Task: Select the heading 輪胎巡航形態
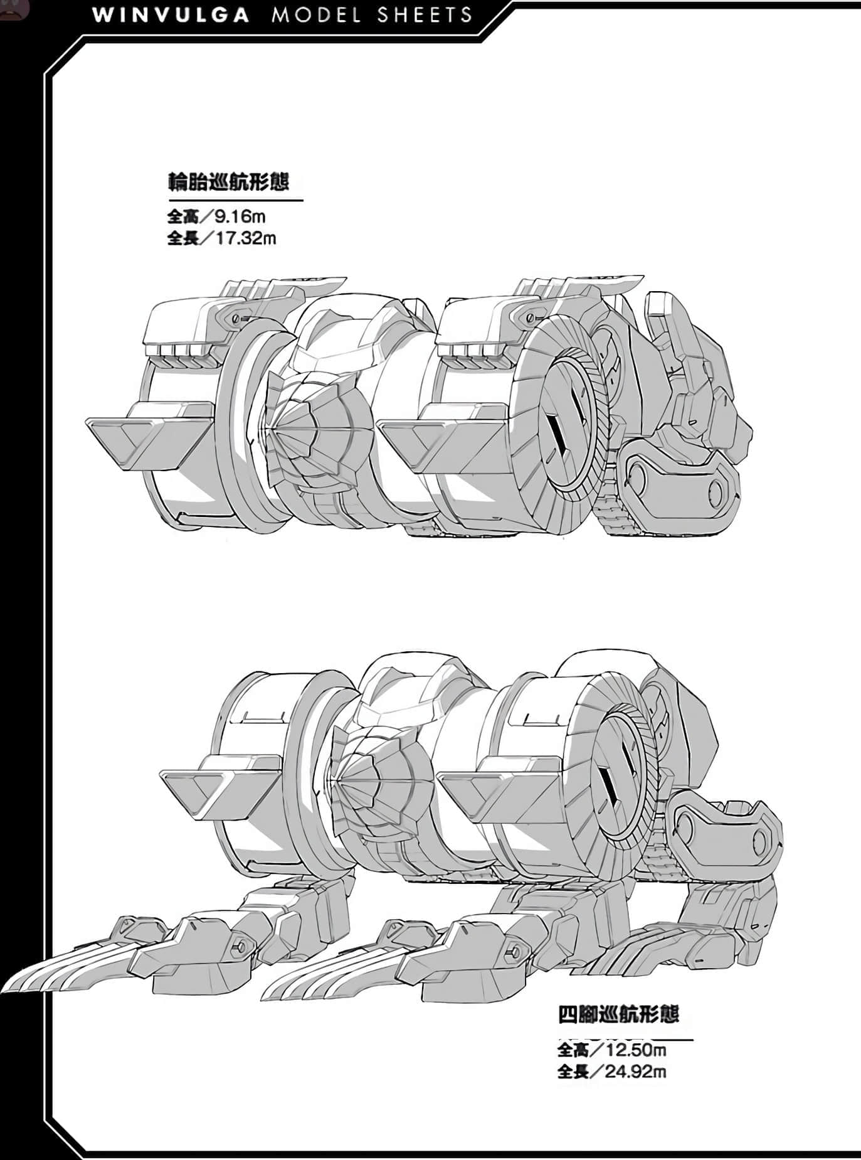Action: click(228, 182)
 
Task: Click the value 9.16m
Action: click(240, 217)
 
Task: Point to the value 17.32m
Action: click(246, 238)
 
